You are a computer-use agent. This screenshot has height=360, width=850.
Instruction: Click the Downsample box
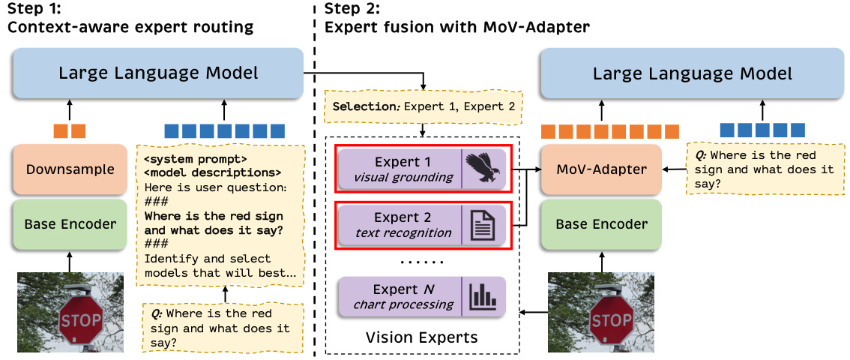click(70, 169)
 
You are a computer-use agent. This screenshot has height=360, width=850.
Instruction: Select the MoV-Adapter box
click(602, 169)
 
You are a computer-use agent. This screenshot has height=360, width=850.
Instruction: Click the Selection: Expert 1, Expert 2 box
click(424, 106)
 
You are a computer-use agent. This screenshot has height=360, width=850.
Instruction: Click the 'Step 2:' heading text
click(352, 10)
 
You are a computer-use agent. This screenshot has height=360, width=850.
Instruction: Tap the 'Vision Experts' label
click(421, 337)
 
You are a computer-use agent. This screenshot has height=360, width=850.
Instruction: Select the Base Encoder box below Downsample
click(70, 224)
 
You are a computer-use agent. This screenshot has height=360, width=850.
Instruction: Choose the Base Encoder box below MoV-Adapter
click(602, 224)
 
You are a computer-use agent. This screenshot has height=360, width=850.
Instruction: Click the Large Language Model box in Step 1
click(158, 73)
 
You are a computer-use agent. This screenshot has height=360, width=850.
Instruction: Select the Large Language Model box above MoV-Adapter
click(692, 73)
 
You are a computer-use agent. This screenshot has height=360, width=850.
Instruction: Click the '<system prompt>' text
click(196, 159)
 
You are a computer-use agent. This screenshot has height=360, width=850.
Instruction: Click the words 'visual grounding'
click(403, 178)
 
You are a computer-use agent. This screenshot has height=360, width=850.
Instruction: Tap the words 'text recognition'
click(403, 233)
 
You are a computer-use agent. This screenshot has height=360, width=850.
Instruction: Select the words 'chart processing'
click(403, 304)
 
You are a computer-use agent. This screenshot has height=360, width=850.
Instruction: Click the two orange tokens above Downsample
click(70, 130)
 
